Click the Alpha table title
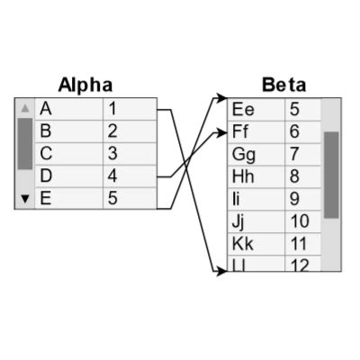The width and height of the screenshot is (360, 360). click(x=85, y=85)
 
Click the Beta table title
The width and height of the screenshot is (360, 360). click(x=283, y=85)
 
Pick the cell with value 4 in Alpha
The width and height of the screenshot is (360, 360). click(x=129, y=176)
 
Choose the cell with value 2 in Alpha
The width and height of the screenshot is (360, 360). click(x=129, y=131)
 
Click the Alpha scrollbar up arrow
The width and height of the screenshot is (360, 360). click(x=25, y=108)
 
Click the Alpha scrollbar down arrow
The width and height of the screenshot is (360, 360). click(x=25, y=199)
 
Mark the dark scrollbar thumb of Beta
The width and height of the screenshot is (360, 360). click(x=331, y=175)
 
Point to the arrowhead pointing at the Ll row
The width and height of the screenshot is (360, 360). click(x=220, y=271)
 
